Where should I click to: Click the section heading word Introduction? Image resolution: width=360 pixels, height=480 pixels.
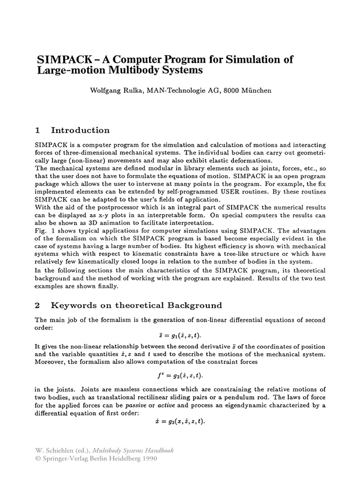[x=80, y=130]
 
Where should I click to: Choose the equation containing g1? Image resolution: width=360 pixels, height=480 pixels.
[x=180, y=336]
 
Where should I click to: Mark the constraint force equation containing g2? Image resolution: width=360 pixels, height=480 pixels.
[x=180, y=375]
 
